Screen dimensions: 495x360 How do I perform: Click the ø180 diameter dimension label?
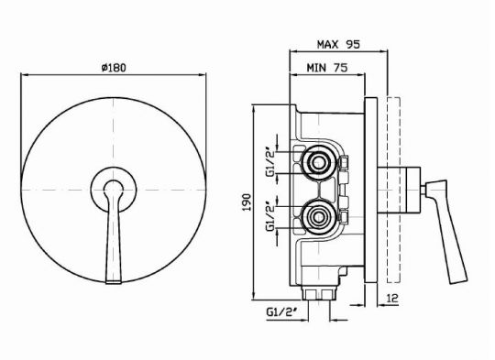pyautogui.click(x=114, y=68)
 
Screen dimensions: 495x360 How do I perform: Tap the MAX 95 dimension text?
pyautogui.click(x=338, y=44)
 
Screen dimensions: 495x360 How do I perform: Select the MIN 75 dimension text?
pyautogui.click(x=327, y=67)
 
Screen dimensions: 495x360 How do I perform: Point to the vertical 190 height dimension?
pyautogui.click(x=247, y=202)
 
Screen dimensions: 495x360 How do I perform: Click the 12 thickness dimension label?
pyautogui.click(x=392, y=298)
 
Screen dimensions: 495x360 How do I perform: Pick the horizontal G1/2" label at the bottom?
pyautogui.click(x=282, y=312)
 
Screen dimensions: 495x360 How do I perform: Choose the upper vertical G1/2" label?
pyautogui.click(x=271, y=163)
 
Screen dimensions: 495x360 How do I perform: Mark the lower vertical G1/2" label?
pyautogui.click(x=271, y=218)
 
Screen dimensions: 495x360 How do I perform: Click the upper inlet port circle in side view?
pyautogui.click(x=316, y=163)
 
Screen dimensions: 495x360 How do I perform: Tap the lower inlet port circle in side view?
pyautogui.click(x=316, y=218)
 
